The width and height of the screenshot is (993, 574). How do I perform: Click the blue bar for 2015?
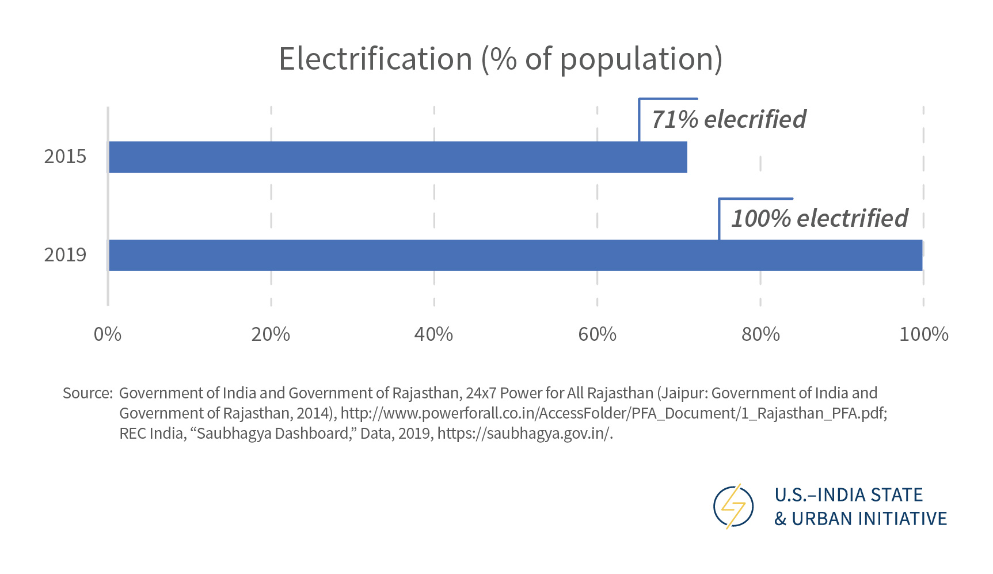point(397,157)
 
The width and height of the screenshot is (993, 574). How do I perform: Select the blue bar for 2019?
point(515,255)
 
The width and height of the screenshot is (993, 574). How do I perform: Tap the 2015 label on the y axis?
point(65,157)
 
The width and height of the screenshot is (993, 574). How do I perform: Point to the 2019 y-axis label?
point(65,255)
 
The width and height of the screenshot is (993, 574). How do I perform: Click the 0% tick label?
point(108,334)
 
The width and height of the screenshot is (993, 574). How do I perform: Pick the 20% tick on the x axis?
point(271,334)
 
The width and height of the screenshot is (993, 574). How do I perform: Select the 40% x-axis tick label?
point(433,334)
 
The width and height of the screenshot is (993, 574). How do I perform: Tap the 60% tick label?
point(597,334)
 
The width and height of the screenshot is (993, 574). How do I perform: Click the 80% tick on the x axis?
point(760,334)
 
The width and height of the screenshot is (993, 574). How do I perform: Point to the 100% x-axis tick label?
point(923,334)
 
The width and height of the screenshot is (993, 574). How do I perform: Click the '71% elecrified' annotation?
point(728,120)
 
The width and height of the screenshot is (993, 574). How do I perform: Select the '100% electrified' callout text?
point(819,219)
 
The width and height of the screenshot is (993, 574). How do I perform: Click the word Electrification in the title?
point(375,59)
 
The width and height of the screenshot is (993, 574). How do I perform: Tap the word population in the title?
point(637,59)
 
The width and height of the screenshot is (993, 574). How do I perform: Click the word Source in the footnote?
point(87,393)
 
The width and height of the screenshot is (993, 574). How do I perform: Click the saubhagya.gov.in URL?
point(524,434)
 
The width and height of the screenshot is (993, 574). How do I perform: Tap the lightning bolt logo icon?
point(733,507)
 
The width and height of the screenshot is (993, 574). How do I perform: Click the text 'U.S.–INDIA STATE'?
point(849,495)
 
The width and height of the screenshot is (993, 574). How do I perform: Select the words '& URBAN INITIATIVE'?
point(861,519)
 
